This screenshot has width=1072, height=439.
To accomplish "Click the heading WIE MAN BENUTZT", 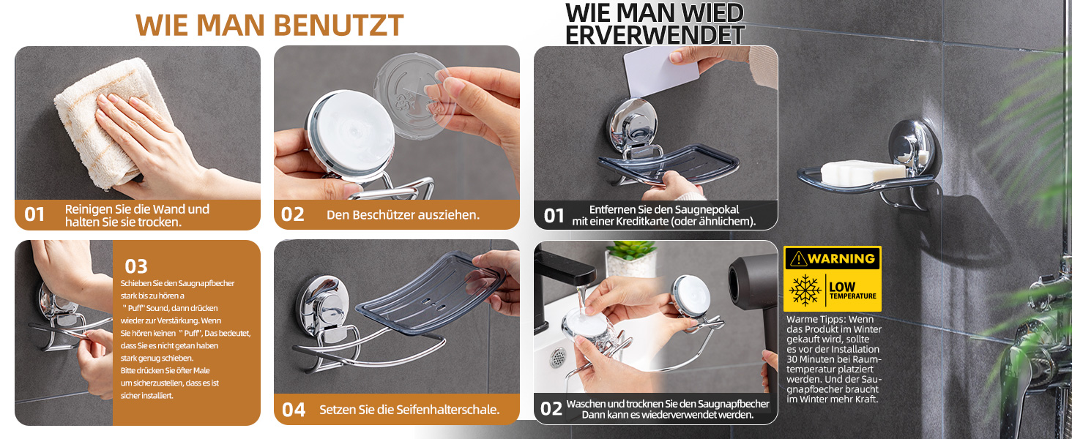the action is tap(270, 26).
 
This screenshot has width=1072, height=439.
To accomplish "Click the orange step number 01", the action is tap(34, 214).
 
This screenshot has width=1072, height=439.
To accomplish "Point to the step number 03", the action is tap(136, 266).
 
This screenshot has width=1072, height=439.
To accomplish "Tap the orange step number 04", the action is tap(294, 410).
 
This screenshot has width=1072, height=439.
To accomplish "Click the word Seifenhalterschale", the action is tap(447, 410).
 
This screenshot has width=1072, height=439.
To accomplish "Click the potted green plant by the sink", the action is tap(630, 259).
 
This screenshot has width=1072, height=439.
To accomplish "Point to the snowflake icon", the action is tap(805, 290).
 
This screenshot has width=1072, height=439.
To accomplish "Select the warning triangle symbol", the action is tap(798, 259).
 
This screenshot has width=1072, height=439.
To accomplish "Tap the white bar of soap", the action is tap(863, 172).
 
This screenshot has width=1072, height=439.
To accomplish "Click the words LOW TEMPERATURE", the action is tap(853, 290).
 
